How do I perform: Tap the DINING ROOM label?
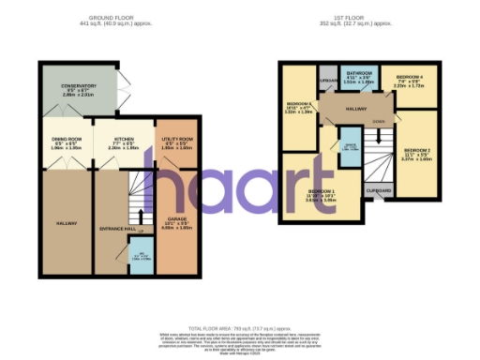click(66, 140)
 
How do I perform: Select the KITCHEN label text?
click(124, 140)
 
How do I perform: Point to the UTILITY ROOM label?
click(176, 140)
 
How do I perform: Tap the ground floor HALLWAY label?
click(67, 223)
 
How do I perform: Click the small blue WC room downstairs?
click(139, 257)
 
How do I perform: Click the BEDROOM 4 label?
click(409, 76)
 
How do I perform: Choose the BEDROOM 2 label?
click(416, 149)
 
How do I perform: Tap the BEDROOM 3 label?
click(299, 103)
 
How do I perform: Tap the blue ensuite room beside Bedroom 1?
click(349, 148)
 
